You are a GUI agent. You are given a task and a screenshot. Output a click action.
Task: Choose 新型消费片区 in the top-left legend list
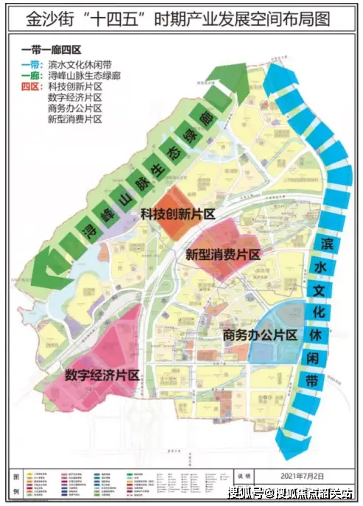click(74, 119)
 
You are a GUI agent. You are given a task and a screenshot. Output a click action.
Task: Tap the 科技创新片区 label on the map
click(177, 214)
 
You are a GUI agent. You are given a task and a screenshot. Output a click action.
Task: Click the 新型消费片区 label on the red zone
click(223, 255)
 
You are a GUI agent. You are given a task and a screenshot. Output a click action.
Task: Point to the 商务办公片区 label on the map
click(259, 335)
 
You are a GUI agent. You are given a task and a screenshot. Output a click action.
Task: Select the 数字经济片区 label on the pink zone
click(102, 373)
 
